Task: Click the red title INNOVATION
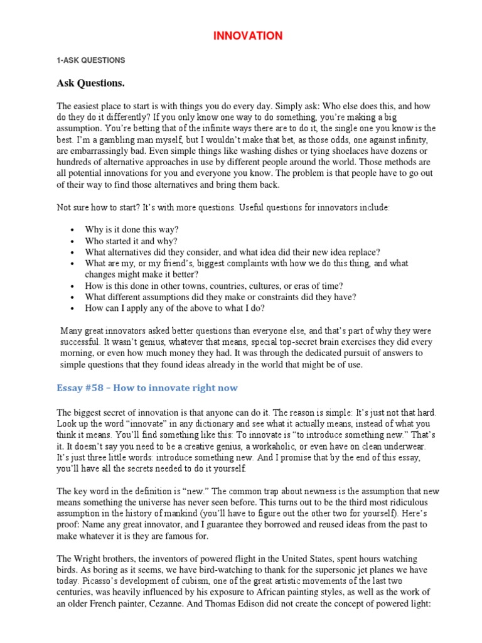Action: tap(248, 36)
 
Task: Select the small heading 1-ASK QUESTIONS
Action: tap(91, 60)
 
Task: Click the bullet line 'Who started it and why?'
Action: tap(131, 241)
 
